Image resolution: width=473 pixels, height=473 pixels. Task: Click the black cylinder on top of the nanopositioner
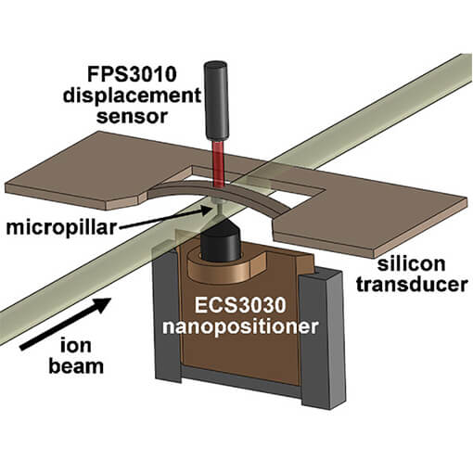click(x=221, y=246)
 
